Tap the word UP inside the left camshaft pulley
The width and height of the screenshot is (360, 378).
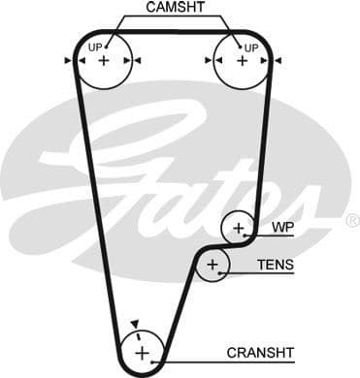(95, 47)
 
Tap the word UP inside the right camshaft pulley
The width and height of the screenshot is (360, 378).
(251, 47)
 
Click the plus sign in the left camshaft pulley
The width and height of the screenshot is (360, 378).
(104, 60)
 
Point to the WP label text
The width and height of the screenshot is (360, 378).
(281, 229)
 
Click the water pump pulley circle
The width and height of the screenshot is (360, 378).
(238, 229)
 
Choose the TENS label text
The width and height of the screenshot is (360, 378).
(275, 265)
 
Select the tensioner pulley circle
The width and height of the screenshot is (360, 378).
(213, 265)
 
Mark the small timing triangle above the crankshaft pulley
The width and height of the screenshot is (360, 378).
(136, 324)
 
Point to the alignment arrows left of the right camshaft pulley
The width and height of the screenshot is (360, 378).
(206, 60)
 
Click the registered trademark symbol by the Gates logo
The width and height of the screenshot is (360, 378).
(351, 220)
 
